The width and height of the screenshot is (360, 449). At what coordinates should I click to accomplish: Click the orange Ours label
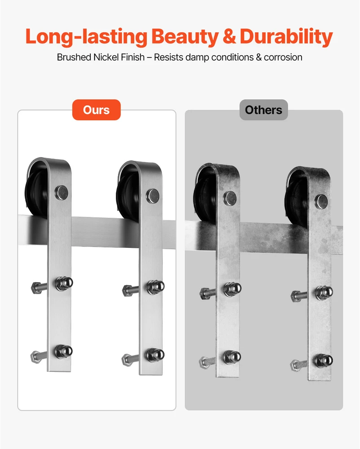pyautogui.click(x=97, y=110)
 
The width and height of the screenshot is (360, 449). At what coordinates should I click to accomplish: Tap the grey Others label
pyautogui.click(x=263, y=110)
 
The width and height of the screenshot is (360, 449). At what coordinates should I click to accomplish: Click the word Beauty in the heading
pyautogui.click(x=184, y=37)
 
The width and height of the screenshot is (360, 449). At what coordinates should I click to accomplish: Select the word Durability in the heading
pyautogui.click(x=286, y=37)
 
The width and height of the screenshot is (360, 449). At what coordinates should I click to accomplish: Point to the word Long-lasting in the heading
pyautogui.click(x=86, y=37)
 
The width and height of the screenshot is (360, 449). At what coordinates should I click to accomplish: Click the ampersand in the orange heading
pyautogui.click(x=229, y=37)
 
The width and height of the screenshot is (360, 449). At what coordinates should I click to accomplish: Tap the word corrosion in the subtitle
pyautogui.click(x=283, y=57)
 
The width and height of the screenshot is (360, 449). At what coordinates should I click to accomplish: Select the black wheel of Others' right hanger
pyautogui.click(x=296, y=200)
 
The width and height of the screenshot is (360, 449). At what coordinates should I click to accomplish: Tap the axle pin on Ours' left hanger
pyautogui.click(x=61, y=193)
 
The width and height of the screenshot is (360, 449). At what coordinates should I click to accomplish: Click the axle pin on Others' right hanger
pyautogui.click(x=321, y=202)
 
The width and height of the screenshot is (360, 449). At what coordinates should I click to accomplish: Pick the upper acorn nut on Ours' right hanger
pyautogui.click(x=155, y=287)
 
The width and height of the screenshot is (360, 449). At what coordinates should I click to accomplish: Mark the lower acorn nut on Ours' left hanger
pyautogui.click(x=64, y=352)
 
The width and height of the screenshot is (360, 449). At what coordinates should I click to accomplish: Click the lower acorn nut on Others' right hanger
pyautogui.click(x=324, y=361)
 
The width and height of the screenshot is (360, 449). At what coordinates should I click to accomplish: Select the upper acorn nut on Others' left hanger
pyautogui.click(x=233, y=289)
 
